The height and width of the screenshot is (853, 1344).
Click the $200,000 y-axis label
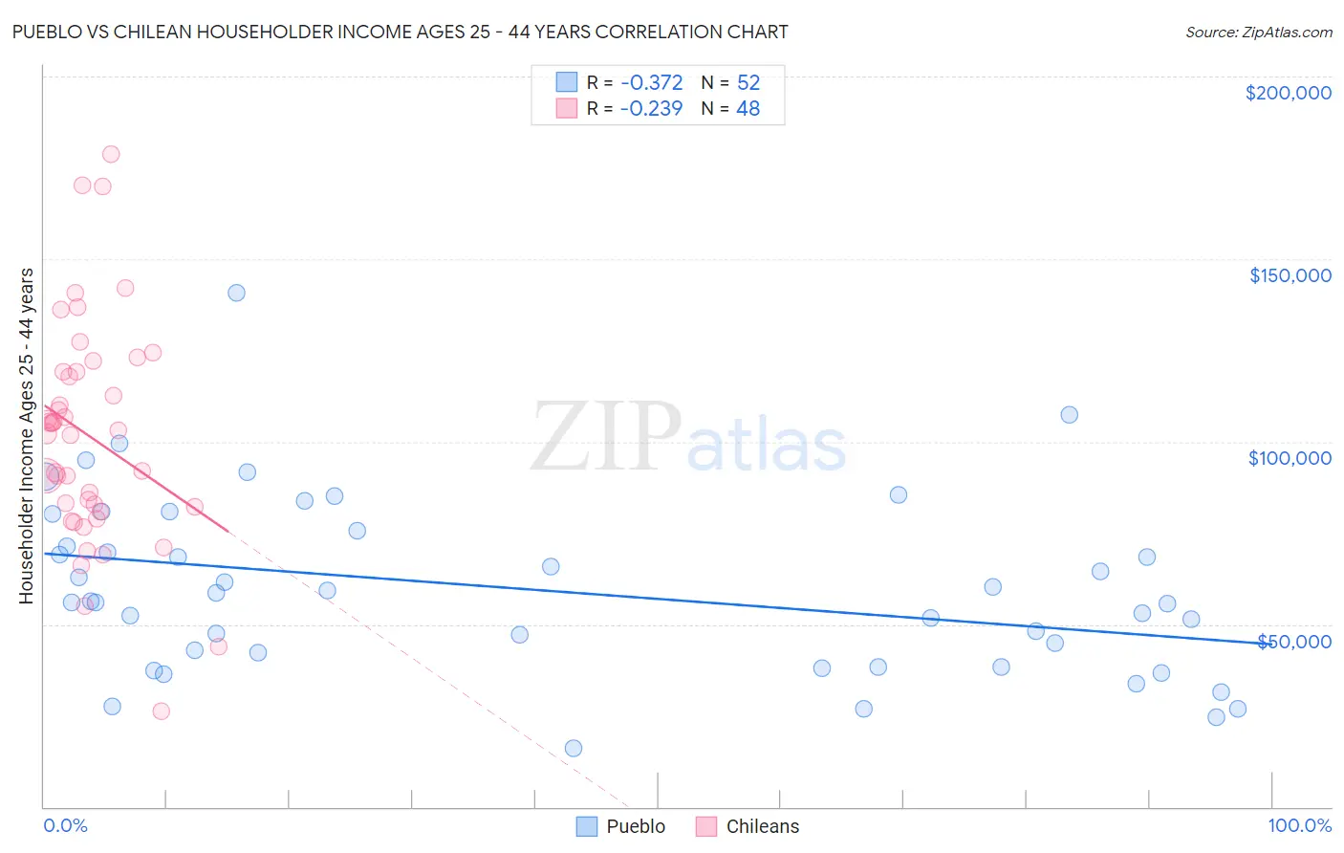click(1288, 93)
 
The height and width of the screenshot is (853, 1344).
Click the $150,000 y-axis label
click(1290, 275)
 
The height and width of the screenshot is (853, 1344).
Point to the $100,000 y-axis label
click(1290, 458)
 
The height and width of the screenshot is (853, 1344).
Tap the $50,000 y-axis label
click(1293, 642)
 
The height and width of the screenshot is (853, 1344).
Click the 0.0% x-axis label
click(65, 825)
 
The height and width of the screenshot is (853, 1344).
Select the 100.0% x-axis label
click(1299, 825)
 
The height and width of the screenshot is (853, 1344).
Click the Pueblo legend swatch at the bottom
click(587, 826)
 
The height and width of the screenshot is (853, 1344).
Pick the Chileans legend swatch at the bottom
click(706, 826)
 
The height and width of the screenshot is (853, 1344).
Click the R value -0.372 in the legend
click(651, 83)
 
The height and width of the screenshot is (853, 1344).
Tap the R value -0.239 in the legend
click(651, 109)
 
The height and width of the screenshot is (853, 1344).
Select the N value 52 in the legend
click(748, 83)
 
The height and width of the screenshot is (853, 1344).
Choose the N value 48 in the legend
click(748, 109)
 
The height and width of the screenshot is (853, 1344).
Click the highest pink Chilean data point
click(111, 154)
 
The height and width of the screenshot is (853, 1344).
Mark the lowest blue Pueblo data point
click(574, 748)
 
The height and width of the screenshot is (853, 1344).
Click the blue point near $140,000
click(236, 293)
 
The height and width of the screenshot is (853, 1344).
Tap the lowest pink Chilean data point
click(162, 711)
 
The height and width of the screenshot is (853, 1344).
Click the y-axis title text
click(26, 436)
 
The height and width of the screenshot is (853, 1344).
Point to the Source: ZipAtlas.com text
click(1258, 32)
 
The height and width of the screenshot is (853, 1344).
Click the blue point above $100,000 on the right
click(1070, 414)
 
